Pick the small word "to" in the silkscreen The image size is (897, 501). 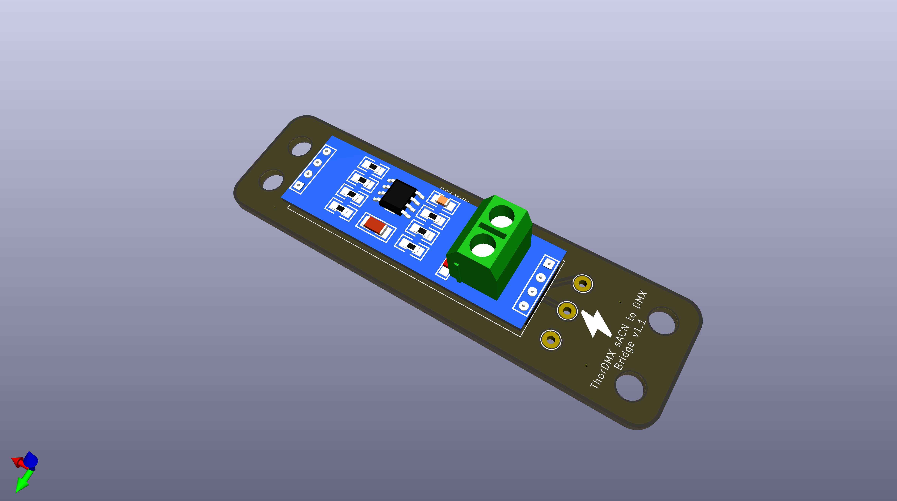point(631,316)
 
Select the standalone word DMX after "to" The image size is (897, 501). point(640,300)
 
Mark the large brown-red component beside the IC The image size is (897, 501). point(375,225)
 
